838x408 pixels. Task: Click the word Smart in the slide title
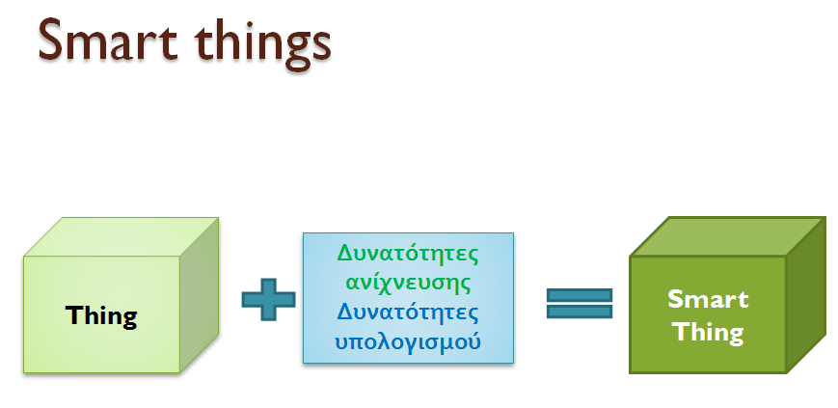[x=107, y=40]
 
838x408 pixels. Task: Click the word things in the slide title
[x=263, y=43]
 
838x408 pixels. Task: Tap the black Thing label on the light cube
[x=101, y=316]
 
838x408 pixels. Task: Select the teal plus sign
[x=268, y=299]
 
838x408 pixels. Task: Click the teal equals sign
[x=580, y=303]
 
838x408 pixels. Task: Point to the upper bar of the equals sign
[x=580, y=295]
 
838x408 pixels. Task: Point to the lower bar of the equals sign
[x=580, y=312]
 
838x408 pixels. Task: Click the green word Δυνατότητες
[x=408, y=253]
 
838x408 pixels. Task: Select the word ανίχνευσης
[x=408, y=283]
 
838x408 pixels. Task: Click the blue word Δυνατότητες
[x=408, y=312]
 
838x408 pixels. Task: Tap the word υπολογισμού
[x=408, y=341]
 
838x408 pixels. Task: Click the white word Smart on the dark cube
[x=708, y=299]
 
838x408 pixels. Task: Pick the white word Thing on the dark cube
[x=708, y=333]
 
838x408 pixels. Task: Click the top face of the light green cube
[x=122, y=237]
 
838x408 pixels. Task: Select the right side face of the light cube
[x=199, y=294]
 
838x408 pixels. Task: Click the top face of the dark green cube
[x=728, y=237]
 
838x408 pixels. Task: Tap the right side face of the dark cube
[x=806, y=294]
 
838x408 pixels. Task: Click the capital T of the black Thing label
[x=73, y=315]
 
